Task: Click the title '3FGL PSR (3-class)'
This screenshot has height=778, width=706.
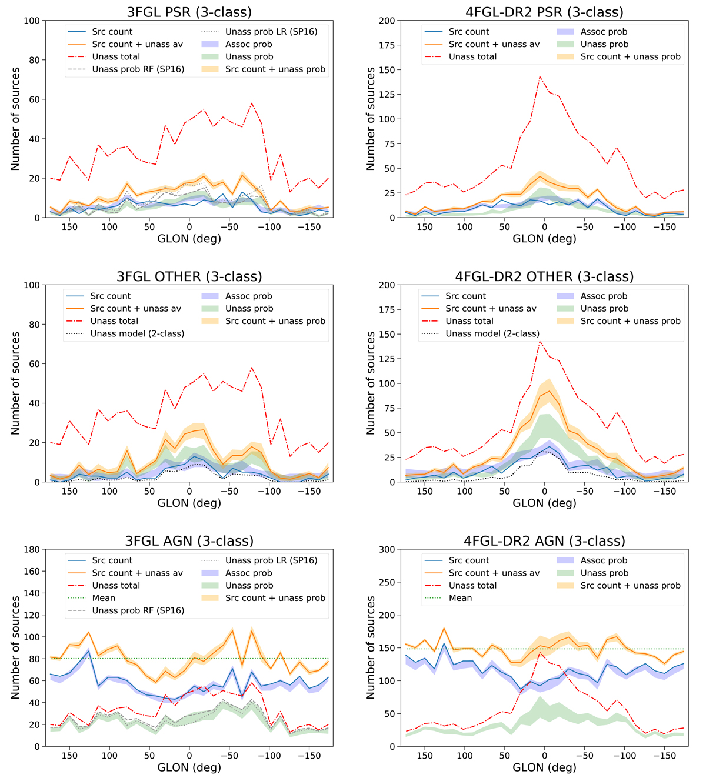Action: point(189,12)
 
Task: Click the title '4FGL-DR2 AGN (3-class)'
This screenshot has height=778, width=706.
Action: point(544,541)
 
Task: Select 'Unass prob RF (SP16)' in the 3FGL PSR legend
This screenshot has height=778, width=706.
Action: point(138,69)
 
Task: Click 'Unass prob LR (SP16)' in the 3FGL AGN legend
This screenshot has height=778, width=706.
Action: point(271,560)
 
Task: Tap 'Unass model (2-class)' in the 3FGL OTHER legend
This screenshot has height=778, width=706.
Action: point(137,333)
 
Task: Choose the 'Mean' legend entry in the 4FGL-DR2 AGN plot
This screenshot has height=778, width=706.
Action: point(460,598)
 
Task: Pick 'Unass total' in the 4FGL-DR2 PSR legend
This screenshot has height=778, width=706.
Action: point(472,56)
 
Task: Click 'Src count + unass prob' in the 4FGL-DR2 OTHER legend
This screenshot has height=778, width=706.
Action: point(630,321)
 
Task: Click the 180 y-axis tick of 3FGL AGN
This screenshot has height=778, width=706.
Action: point(32,550)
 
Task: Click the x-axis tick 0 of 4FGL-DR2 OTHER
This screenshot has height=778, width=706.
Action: point(544,492)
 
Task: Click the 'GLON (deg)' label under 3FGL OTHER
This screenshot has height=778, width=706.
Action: point(189,503)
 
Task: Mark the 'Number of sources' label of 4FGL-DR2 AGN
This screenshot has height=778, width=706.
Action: point(371,647)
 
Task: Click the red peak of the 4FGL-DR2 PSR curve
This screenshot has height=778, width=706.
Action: point(540,76)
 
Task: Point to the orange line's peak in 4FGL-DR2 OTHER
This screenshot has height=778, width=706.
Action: point(550,390)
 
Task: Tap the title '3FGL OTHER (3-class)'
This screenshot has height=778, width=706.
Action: point(189,276)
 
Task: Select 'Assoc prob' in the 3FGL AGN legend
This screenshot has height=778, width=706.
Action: point(248,573)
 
